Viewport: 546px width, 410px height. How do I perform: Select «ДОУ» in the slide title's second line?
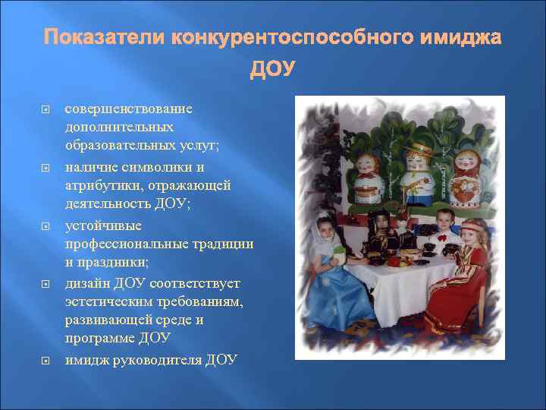[x=273, y=70]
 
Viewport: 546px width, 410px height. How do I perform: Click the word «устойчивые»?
[x=99, y=225]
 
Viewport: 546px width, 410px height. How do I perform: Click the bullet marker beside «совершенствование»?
[x=44, y=109]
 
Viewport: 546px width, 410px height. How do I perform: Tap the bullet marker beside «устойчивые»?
[x=44, y=226]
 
